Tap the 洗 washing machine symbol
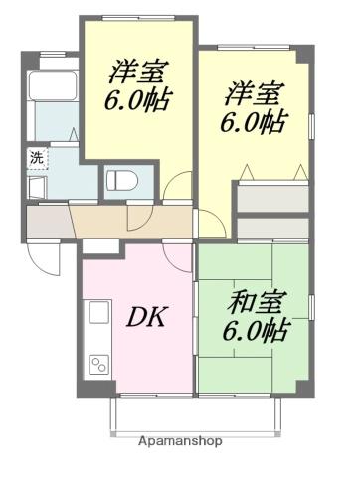click(36, 157)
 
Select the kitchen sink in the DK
click(98, 314)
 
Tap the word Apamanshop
click(180, 440)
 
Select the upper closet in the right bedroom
click(272, 194)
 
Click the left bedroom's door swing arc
click(179, 189)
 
